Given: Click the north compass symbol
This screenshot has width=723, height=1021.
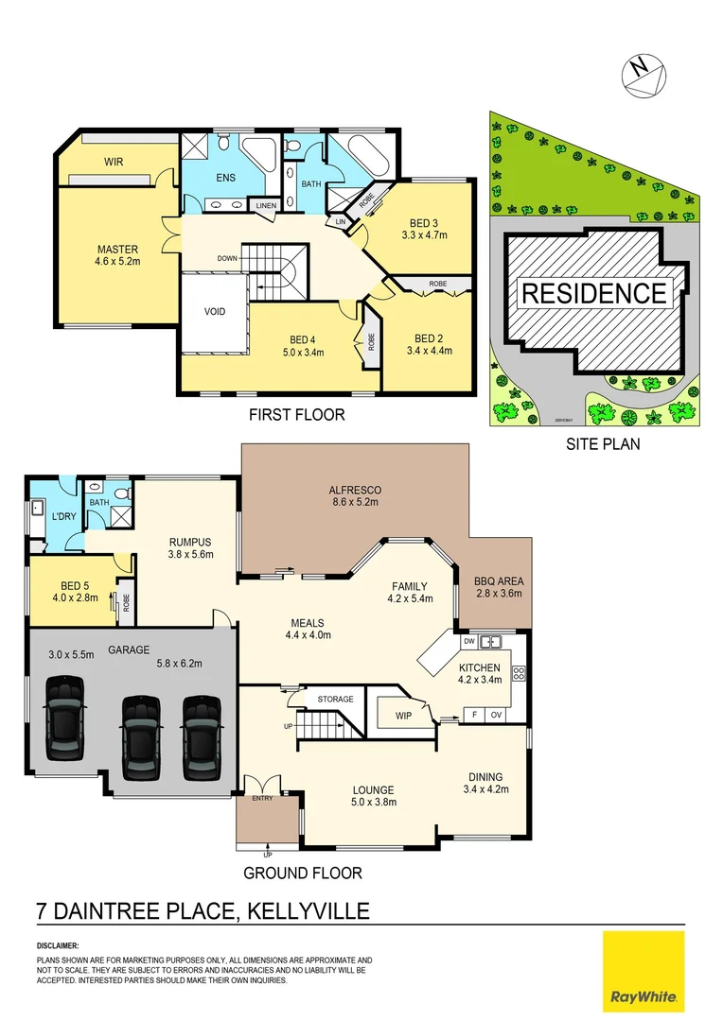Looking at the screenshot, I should (644, 72).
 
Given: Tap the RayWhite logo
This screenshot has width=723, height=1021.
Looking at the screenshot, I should (643, 970).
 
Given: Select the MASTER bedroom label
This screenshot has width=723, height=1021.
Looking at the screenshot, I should (117, 250).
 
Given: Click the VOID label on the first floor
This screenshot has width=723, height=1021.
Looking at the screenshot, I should (215, 312).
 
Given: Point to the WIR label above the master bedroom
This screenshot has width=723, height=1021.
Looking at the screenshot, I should (114, 162).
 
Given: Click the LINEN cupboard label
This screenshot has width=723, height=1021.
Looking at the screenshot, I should (265, 204).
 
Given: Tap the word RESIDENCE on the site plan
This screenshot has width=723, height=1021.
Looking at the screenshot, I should (593, 293).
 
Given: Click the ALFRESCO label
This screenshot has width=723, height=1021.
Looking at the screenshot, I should (354, 489).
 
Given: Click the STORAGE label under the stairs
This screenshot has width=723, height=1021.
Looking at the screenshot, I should (335, 700).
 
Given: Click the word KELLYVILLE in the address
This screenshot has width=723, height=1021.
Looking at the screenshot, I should (308, 911).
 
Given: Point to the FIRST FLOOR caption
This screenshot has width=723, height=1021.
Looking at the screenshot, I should (296, 414).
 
